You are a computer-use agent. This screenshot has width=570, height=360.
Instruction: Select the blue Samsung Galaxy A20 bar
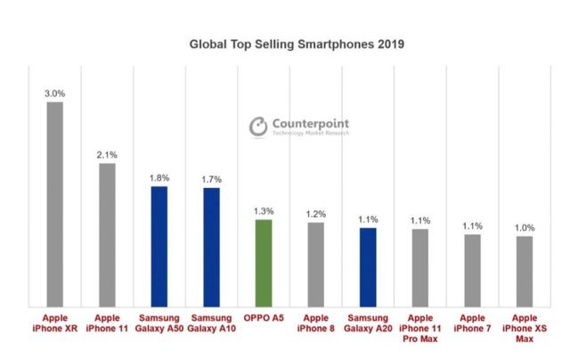point(368,266)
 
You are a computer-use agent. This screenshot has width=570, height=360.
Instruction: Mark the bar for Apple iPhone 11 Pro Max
point(420,266)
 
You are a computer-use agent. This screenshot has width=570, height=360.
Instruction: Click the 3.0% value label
point(54,92)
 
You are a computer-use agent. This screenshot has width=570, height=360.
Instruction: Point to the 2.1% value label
point(107,153)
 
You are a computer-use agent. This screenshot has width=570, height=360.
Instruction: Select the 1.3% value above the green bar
point(264,210)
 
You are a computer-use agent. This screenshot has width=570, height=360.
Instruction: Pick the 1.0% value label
point(525,227)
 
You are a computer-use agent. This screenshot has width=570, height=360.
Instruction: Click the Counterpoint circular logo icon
point(258,127)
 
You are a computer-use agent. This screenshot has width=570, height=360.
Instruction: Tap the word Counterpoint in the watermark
point(311,123)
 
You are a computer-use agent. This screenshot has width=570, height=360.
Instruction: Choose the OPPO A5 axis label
point(264,316)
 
